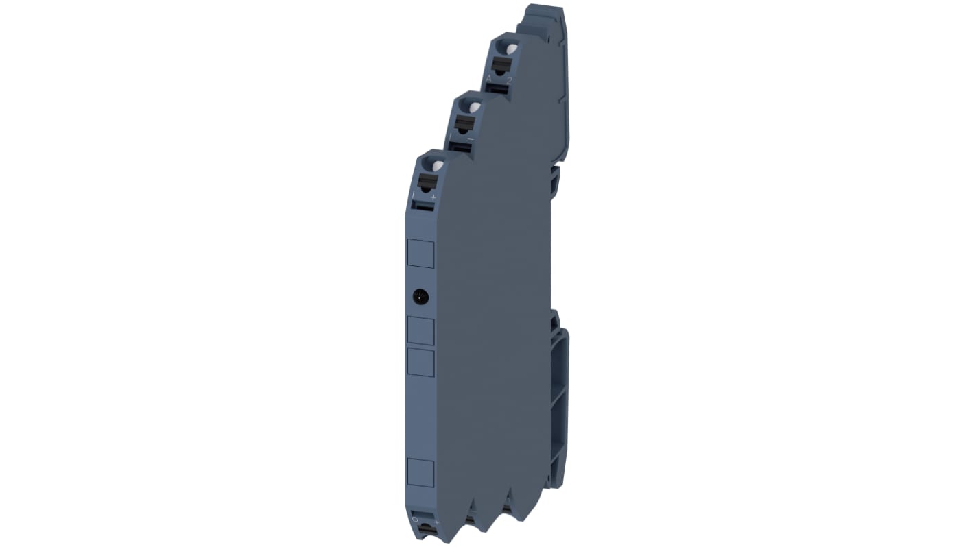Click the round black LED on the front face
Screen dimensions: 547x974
420,297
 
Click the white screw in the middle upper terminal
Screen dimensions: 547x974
473,108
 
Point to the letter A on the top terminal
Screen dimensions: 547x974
488,79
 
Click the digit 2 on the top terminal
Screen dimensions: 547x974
509,80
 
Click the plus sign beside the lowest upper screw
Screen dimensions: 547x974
433,197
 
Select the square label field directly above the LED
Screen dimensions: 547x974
420,254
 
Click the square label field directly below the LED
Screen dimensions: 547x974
420,331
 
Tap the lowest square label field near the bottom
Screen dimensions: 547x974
420,473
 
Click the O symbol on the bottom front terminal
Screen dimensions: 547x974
414,520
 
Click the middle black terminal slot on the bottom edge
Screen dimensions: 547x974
472,520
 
